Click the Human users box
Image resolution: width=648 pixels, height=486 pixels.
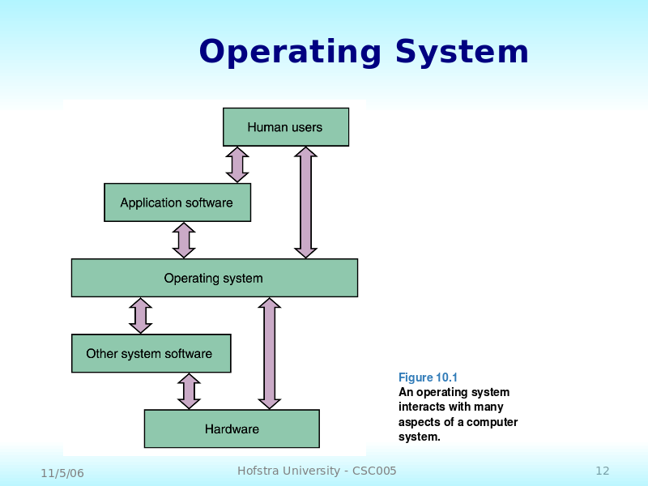(x=285, y=127)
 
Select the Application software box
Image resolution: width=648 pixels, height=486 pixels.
(x=177, y=202)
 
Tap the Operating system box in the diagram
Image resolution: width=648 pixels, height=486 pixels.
(x=214, y=278)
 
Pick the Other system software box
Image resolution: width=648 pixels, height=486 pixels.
(x=150, y=353)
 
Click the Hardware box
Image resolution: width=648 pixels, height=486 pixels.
(x=232, y=428)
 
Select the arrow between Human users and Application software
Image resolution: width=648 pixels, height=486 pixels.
(x=237, y=164)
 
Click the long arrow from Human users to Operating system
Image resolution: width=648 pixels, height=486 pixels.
(x=305, y=202)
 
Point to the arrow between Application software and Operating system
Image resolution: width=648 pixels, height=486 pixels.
(x=184, y=240)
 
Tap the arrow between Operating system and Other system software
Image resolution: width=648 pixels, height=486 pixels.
(x=141, y=315)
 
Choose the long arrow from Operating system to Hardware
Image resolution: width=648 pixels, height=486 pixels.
(x=270, y=353)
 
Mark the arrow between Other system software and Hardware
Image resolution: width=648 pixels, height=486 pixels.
(x=189, y=391)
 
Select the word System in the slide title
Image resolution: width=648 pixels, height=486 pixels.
(x=462, y=53)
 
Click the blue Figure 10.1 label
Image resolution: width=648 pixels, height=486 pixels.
(x=428, y=377)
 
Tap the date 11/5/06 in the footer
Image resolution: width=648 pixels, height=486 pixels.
(x=62, y=472)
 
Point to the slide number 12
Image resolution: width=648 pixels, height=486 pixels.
(x=602, y=471)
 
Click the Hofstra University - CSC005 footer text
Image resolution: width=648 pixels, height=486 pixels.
(x=317, y=471)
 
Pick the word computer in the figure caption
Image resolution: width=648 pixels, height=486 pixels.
(x=492, y=422)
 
